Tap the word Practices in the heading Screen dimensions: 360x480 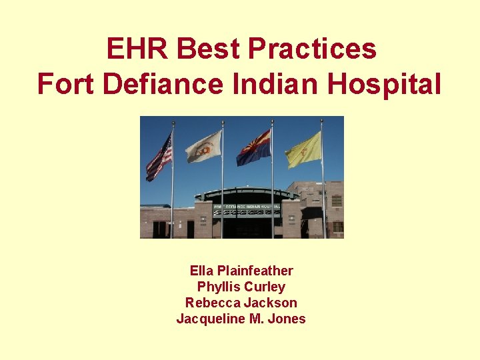click(312, 49)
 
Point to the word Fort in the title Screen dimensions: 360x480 click(64, 85)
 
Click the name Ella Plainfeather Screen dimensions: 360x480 click(241, 271)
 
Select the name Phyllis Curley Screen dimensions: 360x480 click(241, 287)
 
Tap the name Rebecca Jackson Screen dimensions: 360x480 click(241, 303)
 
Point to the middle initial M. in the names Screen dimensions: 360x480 click(255, 319)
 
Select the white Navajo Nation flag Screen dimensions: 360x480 click(203, 147)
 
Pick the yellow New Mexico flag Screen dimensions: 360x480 click(303, 149)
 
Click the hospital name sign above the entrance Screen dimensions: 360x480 click(247, 207)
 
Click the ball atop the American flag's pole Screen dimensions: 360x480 click(173, 123)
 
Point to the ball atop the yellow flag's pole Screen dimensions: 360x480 click(321, 121)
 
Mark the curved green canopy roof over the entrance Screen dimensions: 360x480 click(247, 193)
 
